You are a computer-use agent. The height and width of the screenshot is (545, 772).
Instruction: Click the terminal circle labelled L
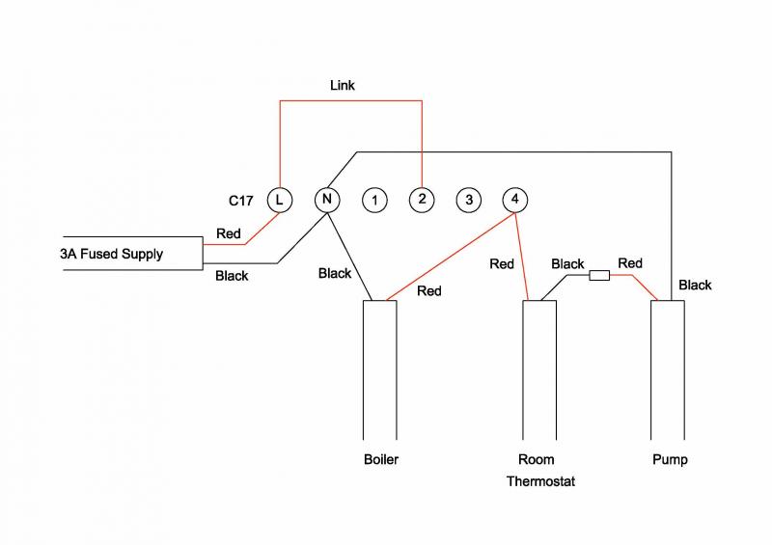click(279, 200)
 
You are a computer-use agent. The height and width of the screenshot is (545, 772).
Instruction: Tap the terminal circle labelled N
click(327, 200)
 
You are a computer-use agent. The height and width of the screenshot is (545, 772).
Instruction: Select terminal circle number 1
click(374, 201)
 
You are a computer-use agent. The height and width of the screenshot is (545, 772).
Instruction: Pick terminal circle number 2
click(422, 200)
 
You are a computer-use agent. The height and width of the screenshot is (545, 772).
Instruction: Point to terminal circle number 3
click(468, 200)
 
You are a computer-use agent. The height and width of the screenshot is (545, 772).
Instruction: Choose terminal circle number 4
click(515, 200)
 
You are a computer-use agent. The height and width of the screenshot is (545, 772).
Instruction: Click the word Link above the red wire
click(343, 86)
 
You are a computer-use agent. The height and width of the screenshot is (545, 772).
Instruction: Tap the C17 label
click(241, 201)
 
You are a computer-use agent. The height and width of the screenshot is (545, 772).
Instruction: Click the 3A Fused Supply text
click(112, 255)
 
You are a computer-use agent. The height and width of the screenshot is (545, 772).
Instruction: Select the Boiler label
click(380, 459)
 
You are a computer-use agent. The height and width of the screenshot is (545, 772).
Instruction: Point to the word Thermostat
click(540, 480)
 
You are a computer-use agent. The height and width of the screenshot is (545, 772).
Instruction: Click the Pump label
click(670, 459)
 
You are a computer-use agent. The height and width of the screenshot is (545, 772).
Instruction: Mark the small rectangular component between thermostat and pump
click(598, 275)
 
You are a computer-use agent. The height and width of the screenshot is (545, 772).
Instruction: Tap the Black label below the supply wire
click(232, 276)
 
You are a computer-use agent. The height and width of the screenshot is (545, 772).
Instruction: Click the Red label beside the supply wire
click(229, 233)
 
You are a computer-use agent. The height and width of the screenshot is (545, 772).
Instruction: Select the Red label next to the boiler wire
click(429, 290)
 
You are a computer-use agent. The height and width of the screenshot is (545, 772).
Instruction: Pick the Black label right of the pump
click(695, 285)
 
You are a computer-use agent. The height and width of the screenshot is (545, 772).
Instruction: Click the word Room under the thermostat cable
click(537, 459)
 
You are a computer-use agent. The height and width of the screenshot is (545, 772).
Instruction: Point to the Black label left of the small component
click(567, 263)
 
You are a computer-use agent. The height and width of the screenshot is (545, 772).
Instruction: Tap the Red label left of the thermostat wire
click(502, 263)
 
